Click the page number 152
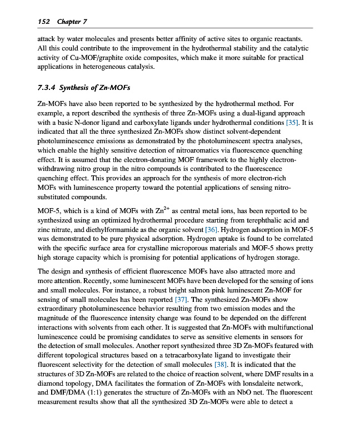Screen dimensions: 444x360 point(43,22)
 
